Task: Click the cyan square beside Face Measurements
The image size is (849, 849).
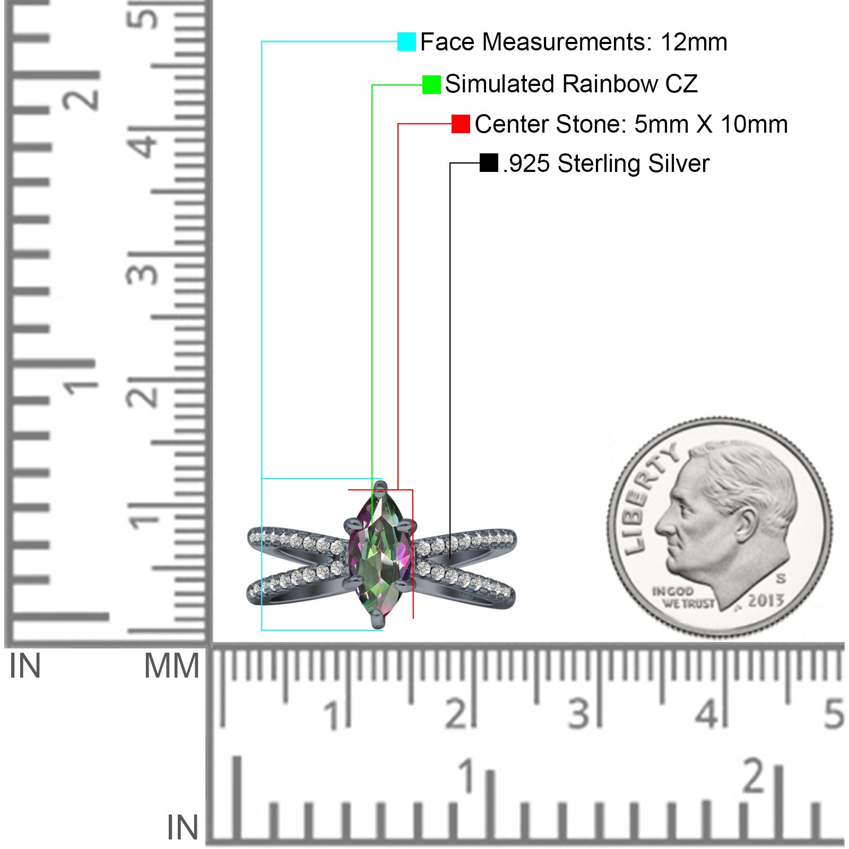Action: pos(406,41)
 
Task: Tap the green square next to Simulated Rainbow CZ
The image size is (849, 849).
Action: pos(431,84)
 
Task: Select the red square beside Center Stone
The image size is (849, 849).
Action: pos(461,124)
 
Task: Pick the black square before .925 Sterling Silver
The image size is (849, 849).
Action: pos(489,163)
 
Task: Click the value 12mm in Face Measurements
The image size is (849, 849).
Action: pos(694,42)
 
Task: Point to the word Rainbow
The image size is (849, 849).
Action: pos(610,84)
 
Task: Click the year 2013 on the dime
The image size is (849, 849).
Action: pos(766,600)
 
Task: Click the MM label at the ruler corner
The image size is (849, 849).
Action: pos(171,666)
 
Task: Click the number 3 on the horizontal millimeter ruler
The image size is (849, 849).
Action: pos(578,714)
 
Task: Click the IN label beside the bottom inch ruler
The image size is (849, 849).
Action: pos(183,827)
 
